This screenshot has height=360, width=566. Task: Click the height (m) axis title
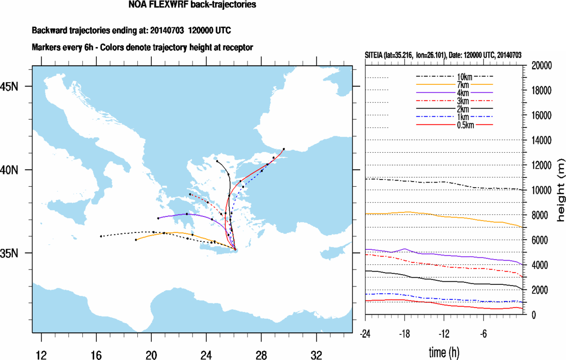561,190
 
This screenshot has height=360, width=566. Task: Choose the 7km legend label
454,84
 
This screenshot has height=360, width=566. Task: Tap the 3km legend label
454,101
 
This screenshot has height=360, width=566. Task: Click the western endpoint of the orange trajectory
136,240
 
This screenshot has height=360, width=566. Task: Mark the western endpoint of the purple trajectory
158,218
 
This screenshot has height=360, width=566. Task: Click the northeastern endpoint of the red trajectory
284,149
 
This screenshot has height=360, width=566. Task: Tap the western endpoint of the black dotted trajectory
101,236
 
